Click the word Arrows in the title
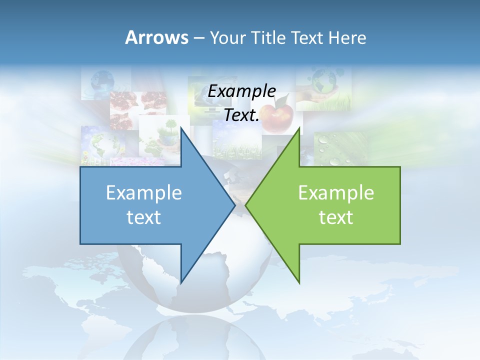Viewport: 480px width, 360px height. click(x=156, y=37)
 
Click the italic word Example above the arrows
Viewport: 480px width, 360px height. click(x=242, y=91)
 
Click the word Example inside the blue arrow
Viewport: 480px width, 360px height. click(x=144, y=192)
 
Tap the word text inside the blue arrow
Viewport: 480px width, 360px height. click(x=144, y=217)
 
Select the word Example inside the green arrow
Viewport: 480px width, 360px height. click(x=336, y=192)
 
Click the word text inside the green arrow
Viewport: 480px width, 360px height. click(x=336, y=217)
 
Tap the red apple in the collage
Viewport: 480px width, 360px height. click(x=277, y=117)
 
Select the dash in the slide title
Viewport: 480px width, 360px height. click(x=198, y=38)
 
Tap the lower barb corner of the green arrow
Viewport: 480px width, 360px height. click(x=299, y=282)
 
